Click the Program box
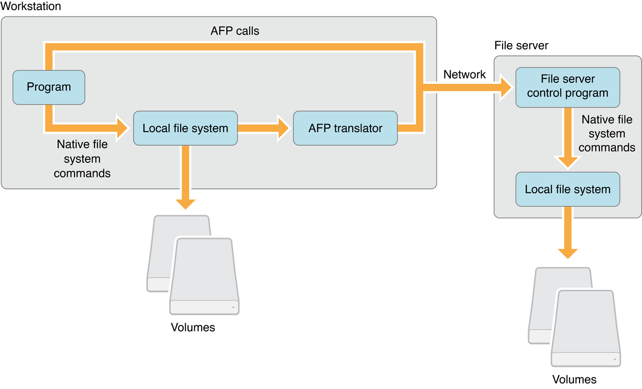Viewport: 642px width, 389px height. (x=48, y=87)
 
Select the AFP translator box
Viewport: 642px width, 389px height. (x=345, y=128)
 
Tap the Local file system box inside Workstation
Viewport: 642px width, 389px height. (x=185, y=128)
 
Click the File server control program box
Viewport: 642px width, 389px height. (x=567, y=86)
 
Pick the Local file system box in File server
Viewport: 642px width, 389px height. (x=567, y=189)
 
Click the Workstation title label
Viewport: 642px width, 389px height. (x=31, y=6)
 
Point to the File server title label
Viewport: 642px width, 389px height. (x=521, y=46)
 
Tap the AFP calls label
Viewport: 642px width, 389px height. (x=235, y=31)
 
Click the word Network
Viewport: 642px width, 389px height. (x=464, y=74)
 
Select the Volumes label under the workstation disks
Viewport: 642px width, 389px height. (x=193, y=327)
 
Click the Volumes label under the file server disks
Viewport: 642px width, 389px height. (x=575, y=379)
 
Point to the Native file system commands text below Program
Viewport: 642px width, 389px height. (x=82, y=158)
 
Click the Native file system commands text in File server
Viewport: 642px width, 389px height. (x=607, y=134)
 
